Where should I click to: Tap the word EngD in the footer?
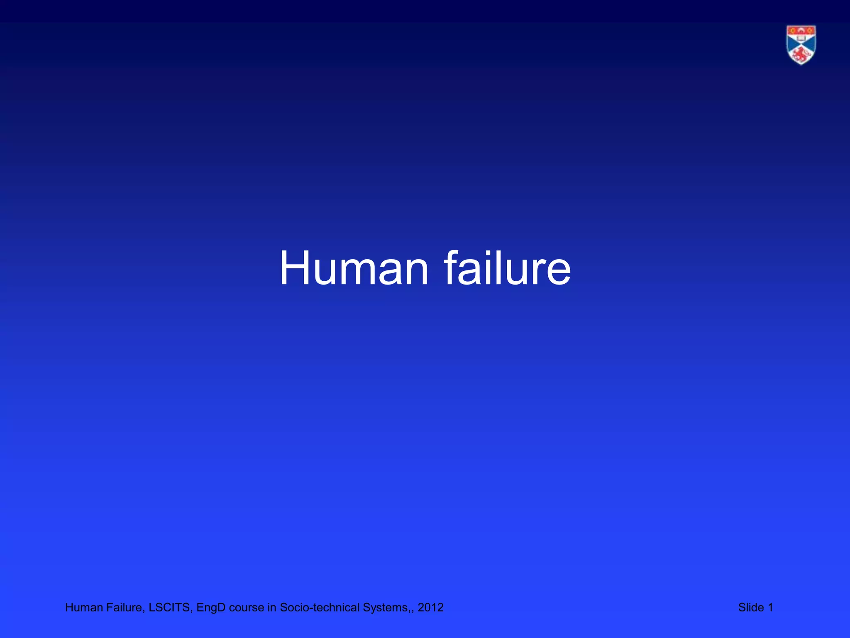click(x=211, y=608)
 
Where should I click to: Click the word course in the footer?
click(x=247, y=608)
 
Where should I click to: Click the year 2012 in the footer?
click(x=430, y=608)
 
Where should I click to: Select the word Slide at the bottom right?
click(x=751, y=608)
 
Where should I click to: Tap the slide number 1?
click(x=770, y=608)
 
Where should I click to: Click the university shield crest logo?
click(x=801, y=45)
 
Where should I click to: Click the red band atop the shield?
click(x=801, y=31)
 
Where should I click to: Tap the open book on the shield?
click(x=801, y=38)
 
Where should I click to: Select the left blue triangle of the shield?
click(x=791, y=45)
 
